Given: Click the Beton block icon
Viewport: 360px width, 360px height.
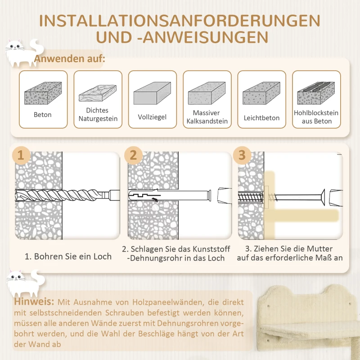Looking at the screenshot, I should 43,94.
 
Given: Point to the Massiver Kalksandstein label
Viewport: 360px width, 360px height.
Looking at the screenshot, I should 207,117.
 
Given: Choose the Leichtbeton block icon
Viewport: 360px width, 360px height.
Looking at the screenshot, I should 261,94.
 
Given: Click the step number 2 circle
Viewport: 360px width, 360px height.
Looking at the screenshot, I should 133,155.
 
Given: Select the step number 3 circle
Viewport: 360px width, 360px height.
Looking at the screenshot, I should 242,155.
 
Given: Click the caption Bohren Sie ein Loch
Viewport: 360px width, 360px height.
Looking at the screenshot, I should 68,257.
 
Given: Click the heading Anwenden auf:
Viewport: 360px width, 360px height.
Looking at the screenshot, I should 70,59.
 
